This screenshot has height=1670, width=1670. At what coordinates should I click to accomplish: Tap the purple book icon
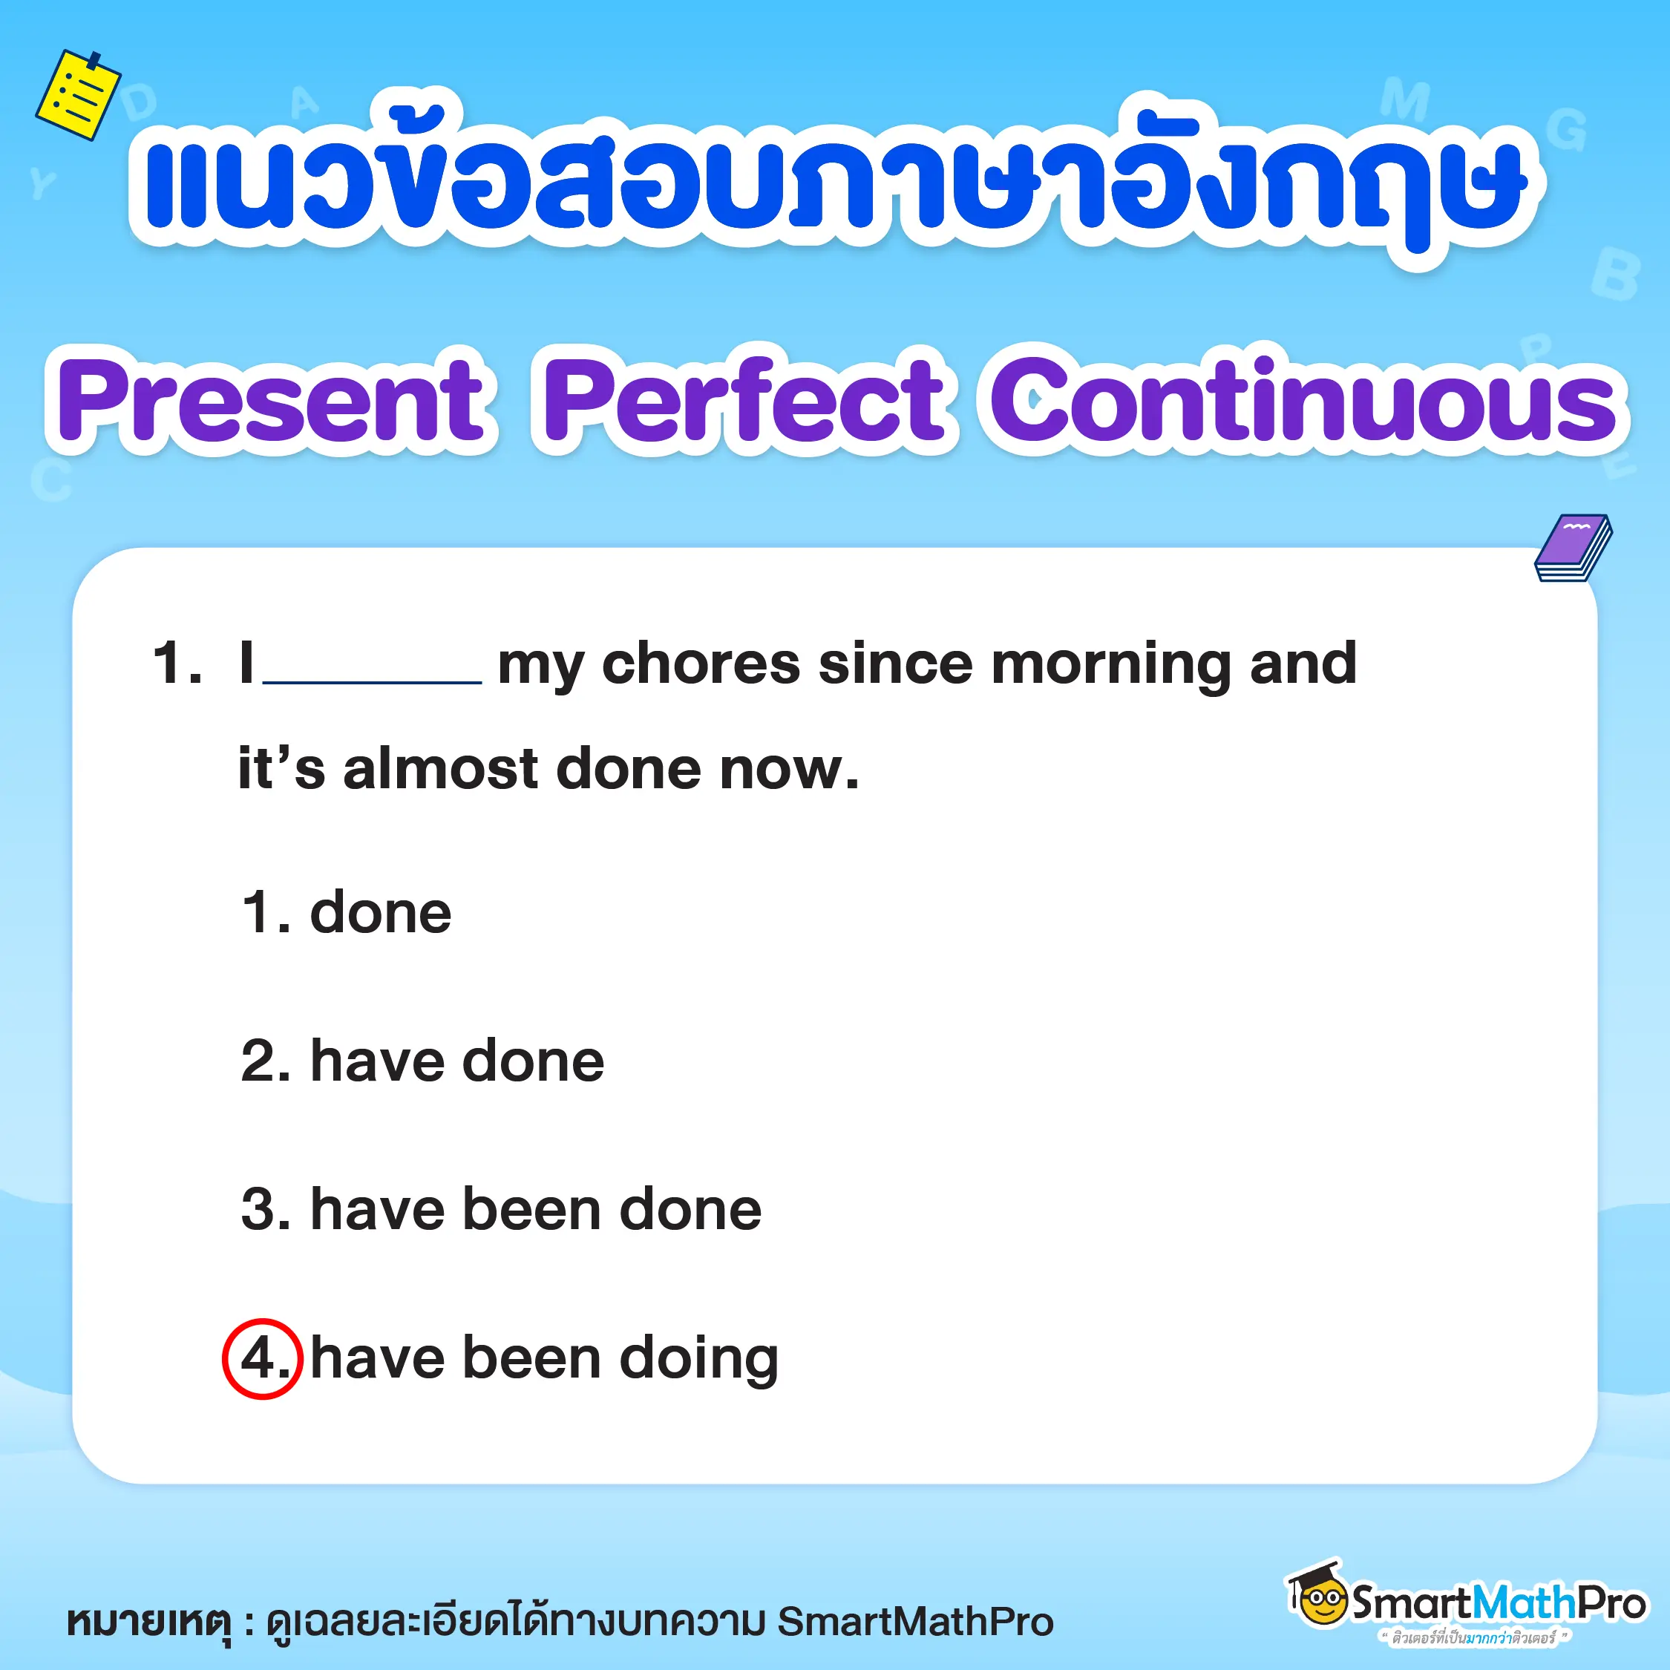tap(1574, 548)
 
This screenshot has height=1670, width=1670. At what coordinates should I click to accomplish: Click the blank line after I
tap(372, 670)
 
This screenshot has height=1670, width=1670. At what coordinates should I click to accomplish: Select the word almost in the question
tap(441, 768)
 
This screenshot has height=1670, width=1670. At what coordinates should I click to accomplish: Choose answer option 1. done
tap(346, 913)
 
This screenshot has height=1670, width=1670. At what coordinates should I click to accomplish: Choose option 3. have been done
tap(500, 1208)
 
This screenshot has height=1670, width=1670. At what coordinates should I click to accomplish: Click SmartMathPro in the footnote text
tap(915, 1622)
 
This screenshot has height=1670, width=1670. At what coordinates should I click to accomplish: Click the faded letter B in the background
tap(1614, 275)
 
